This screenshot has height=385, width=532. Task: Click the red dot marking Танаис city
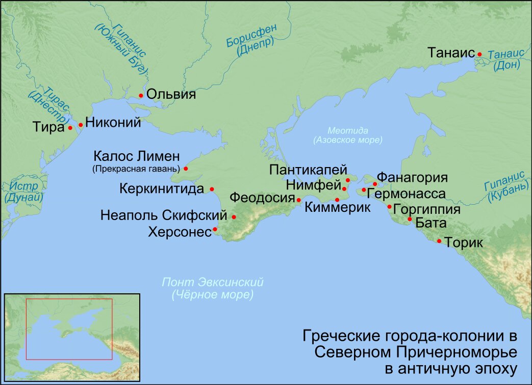(479, 54)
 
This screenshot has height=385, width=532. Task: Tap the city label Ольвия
(171, 95)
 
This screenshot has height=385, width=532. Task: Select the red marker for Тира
(70, 128)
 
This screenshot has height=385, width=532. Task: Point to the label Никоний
(113, 123)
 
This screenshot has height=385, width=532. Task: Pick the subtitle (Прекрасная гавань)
(136, 169)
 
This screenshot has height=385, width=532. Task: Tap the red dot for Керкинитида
(212, 189)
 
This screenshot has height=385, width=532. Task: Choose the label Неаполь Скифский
(164, 216)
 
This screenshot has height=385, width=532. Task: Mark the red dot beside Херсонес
(215, 229)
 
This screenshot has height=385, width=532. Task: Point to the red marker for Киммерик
(337, 200)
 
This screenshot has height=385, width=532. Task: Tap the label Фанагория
(412, 179)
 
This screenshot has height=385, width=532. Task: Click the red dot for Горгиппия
(389, 207)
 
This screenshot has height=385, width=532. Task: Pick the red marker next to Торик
(439, 241)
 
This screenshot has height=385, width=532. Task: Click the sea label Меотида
(348, 130)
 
